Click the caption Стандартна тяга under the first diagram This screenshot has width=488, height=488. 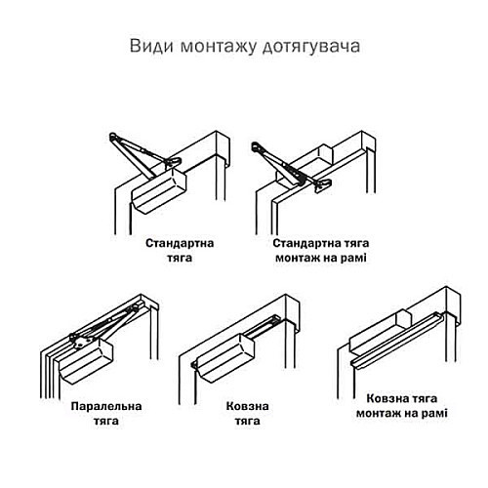(x=180, y=249)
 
